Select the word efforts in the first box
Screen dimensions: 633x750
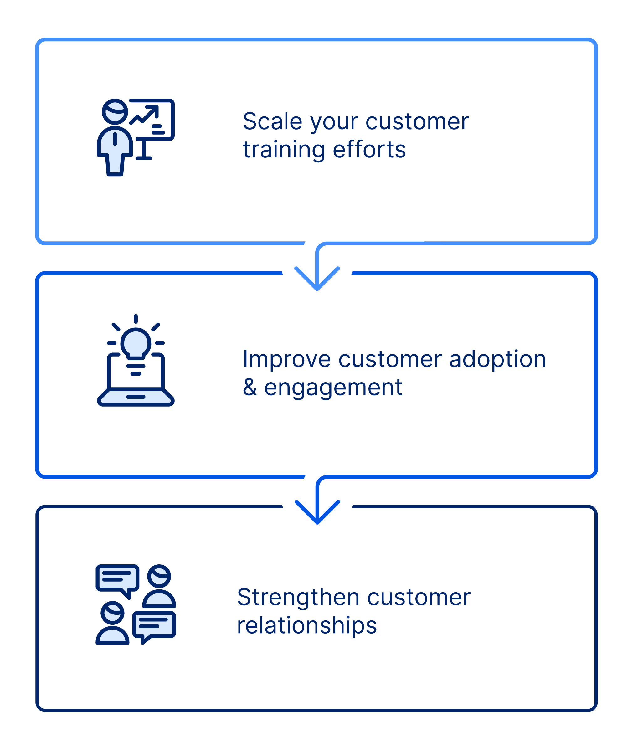click(369, 149)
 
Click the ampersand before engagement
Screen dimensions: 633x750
click(250, 387)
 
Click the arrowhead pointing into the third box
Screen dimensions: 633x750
click(317, 512)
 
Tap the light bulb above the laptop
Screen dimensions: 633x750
click(136, 343)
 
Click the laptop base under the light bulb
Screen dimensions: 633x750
click(136, 397)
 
